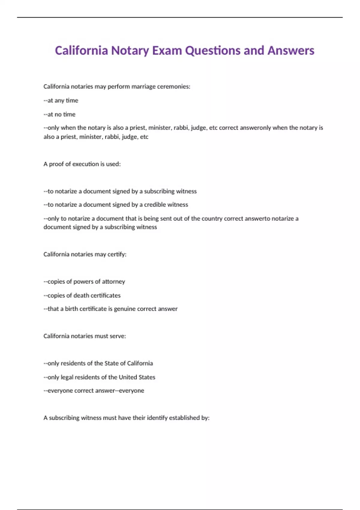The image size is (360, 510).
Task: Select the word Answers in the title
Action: coord(291,50)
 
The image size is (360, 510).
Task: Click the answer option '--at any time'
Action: coord(61,100)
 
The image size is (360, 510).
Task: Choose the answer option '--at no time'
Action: coord(59,114)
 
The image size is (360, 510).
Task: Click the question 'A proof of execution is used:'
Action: coord(82,164)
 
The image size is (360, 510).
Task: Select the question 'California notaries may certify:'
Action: coord(85,254)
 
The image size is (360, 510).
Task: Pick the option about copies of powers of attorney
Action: coord(84,282)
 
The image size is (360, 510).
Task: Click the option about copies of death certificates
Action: coord(82,295)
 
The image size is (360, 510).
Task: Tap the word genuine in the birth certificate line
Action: coord(124,309)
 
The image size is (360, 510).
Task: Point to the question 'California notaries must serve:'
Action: coord(85,336)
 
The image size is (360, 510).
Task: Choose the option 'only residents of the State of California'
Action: coord(98,364)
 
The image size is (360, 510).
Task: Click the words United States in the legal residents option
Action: coord(137,377)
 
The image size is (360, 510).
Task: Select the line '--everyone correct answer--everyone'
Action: coord(94,391)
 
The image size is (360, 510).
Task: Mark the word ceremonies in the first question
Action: coord(174,87)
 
